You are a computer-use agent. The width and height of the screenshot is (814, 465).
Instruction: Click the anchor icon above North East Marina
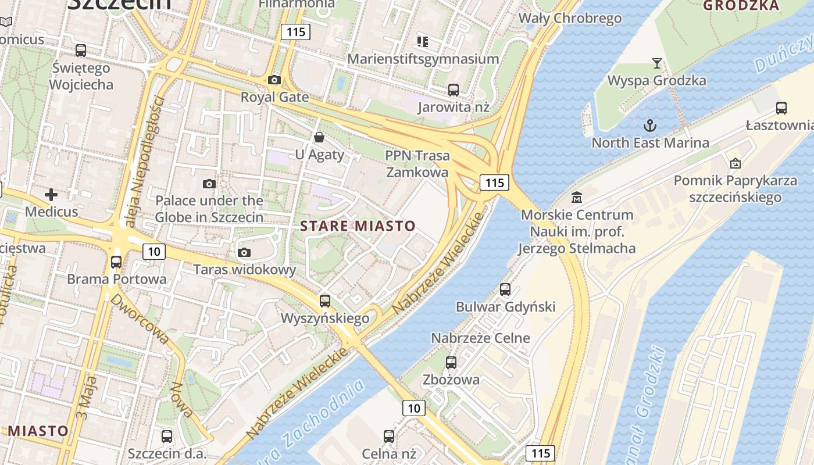pos(649,125)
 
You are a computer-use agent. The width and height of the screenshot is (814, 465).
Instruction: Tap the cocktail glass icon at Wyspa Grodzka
pos(656,63)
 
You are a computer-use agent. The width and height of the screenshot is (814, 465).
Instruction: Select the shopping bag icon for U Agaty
pos(319,137)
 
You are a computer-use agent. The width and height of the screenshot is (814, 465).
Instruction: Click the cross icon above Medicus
pos(51,194)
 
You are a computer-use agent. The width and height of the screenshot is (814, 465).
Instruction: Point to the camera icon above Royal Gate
pos(274,80)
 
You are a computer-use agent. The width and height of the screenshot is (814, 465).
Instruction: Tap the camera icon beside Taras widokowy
pos(244,252)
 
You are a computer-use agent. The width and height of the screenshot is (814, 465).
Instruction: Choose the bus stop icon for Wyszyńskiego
pos(325,301)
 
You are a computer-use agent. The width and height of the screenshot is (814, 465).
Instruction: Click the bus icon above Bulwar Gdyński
pos(505,289)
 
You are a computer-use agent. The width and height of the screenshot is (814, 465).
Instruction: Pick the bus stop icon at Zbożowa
pos(451,363)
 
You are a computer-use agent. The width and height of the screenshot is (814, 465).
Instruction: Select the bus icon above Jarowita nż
pos(454,90)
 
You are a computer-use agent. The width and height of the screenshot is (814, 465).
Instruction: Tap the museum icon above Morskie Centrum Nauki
pos(577,197)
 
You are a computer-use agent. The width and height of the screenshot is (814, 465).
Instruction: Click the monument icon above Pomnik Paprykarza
pos(735,163)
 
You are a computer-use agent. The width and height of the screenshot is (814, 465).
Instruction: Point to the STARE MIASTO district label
pos(358,226)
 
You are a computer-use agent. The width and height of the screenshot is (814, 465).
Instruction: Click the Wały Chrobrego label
pos(570,18)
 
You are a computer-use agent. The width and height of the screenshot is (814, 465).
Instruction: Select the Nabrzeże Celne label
pos(480,338)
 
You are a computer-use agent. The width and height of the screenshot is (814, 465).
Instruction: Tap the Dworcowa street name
pos(138,316)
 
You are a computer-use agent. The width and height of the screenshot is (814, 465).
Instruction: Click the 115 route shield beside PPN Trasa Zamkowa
pos(494,183)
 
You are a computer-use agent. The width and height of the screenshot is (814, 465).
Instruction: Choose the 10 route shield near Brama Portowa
pos(153,251)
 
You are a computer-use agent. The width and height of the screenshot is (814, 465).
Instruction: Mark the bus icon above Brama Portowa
pos(116,262)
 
